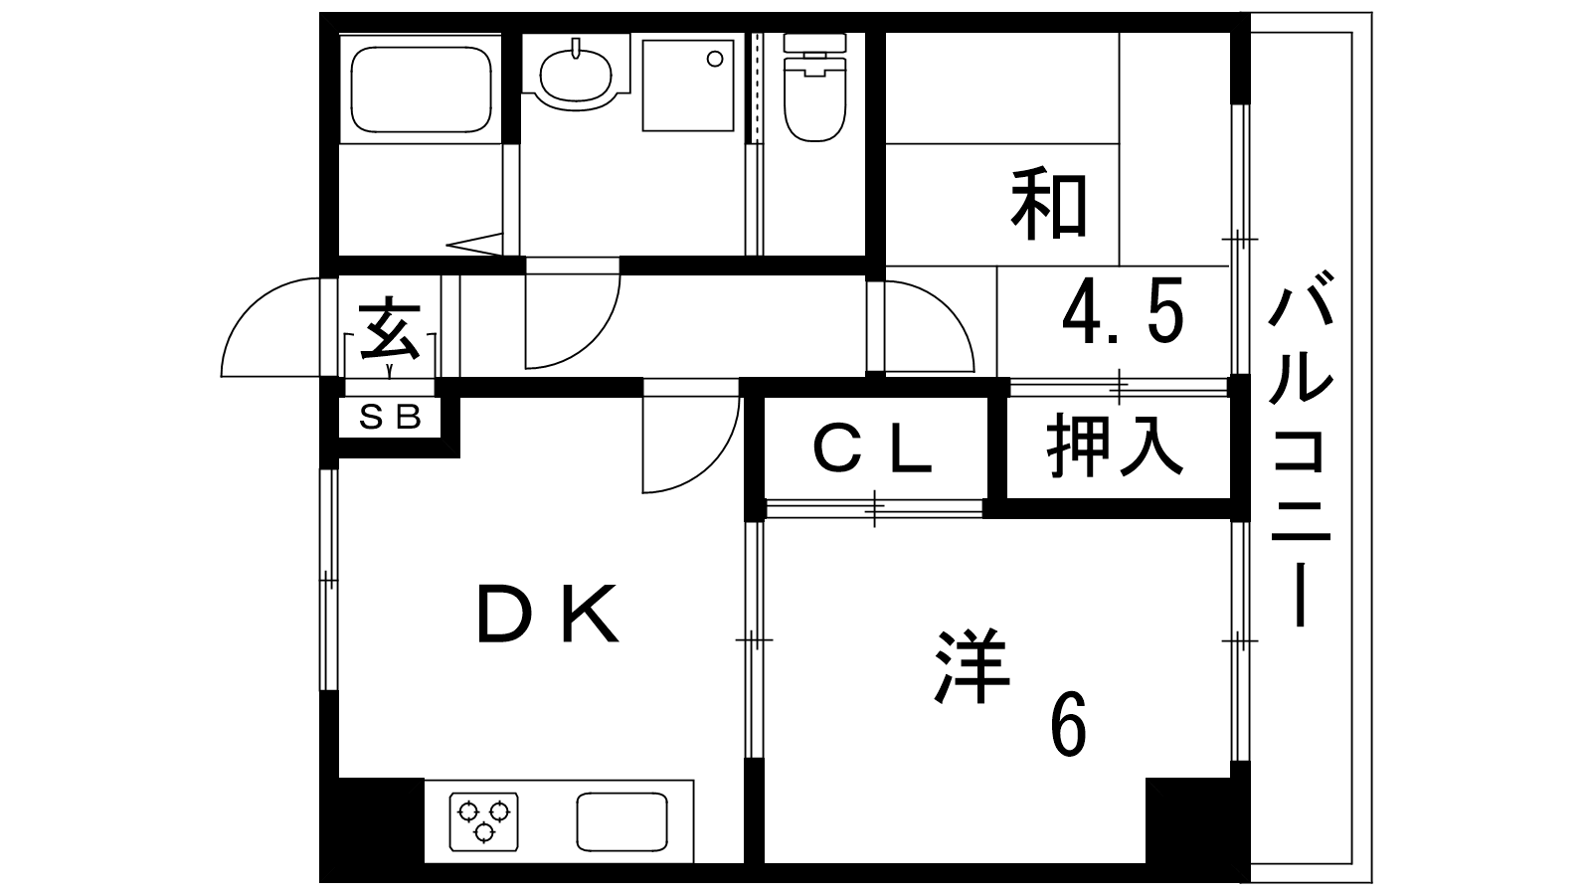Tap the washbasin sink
pyautogui.click(x=576, y=72)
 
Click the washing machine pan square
pyautogui.click(x=688, y=85)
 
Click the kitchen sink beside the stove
pyautogui.click(x=621, y=820)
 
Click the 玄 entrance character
pyautogui.click(x=389, y=328)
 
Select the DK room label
pyautogui.click(x=549, y=614)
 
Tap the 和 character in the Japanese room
pyautogui.click(x=1050, y=205)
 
